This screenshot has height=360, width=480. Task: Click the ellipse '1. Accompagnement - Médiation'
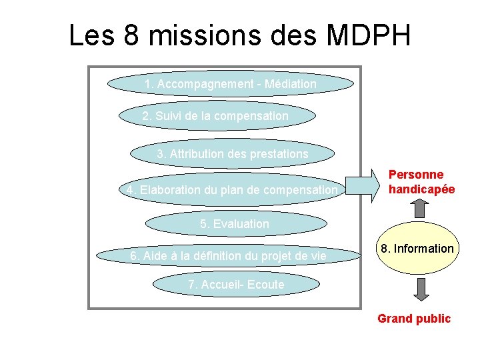tap(231, 85)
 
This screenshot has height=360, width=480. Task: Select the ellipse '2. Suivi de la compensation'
tap(216, 116)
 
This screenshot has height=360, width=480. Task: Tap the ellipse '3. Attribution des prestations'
tap(233, 154)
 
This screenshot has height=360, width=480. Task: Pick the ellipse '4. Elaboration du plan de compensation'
tap(232, 190)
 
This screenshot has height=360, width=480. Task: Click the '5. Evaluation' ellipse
tap(235, 224)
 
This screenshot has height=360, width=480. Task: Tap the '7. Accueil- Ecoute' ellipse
tap(236, 285)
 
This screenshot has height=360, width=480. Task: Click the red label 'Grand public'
tap(414, 319)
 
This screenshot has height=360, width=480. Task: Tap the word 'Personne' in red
tap(416, 175)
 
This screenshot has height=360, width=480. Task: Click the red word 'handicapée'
tap(422, 189)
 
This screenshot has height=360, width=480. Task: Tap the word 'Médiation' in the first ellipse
tap(290, 85)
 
